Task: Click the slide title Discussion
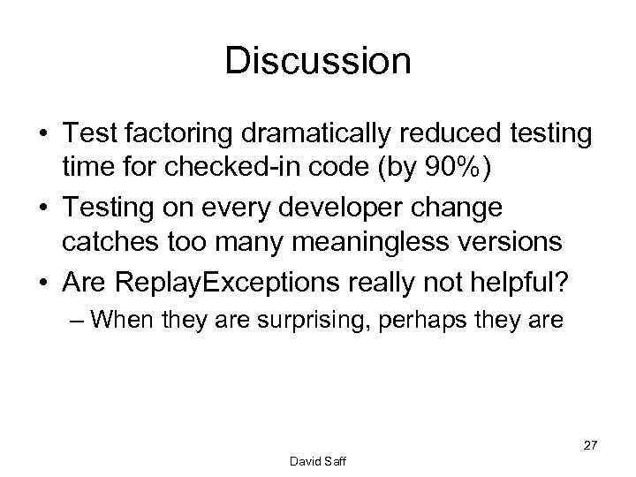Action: [318, 62]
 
